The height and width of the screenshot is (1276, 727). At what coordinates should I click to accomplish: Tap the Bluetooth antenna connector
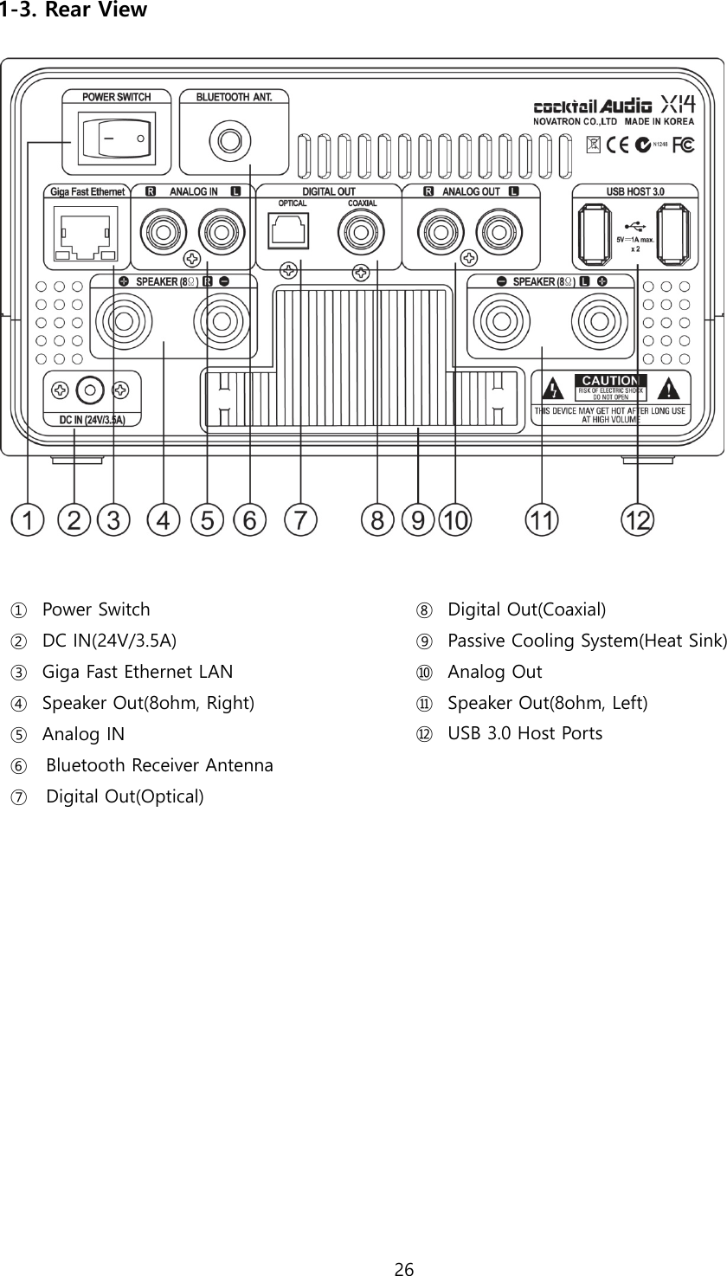[229, 139]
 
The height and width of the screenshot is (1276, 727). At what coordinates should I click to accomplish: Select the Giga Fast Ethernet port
[85, 232]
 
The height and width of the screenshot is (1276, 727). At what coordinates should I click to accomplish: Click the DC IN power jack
[90, 390]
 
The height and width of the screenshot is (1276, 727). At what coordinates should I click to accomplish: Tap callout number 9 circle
[418, 520]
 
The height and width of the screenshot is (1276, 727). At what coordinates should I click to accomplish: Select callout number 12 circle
[639, 520]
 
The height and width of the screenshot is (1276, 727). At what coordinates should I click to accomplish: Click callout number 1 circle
[28, 520]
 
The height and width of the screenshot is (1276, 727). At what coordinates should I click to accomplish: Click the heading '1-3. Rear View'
[74, 10]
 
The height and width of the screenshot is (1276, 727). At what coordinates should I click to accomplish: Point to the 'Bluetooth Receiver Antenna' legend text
[159, 765]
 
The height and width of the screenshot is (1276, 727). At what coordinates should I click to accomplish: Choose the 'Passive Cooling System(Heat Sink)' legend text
[587, 641]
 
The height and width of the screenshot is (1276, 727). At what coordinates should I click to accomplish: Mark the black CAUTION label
[611, 381]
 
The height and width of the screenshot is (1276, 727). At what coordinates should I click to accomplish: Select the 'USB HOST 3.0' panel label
[635, 190]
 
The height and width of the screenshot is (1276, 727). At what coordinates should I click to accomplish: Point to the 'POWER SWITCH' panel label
[116, 98]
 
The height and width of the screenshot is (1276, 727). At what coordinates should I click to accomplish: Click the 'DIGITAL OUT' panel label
[328, 191]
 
